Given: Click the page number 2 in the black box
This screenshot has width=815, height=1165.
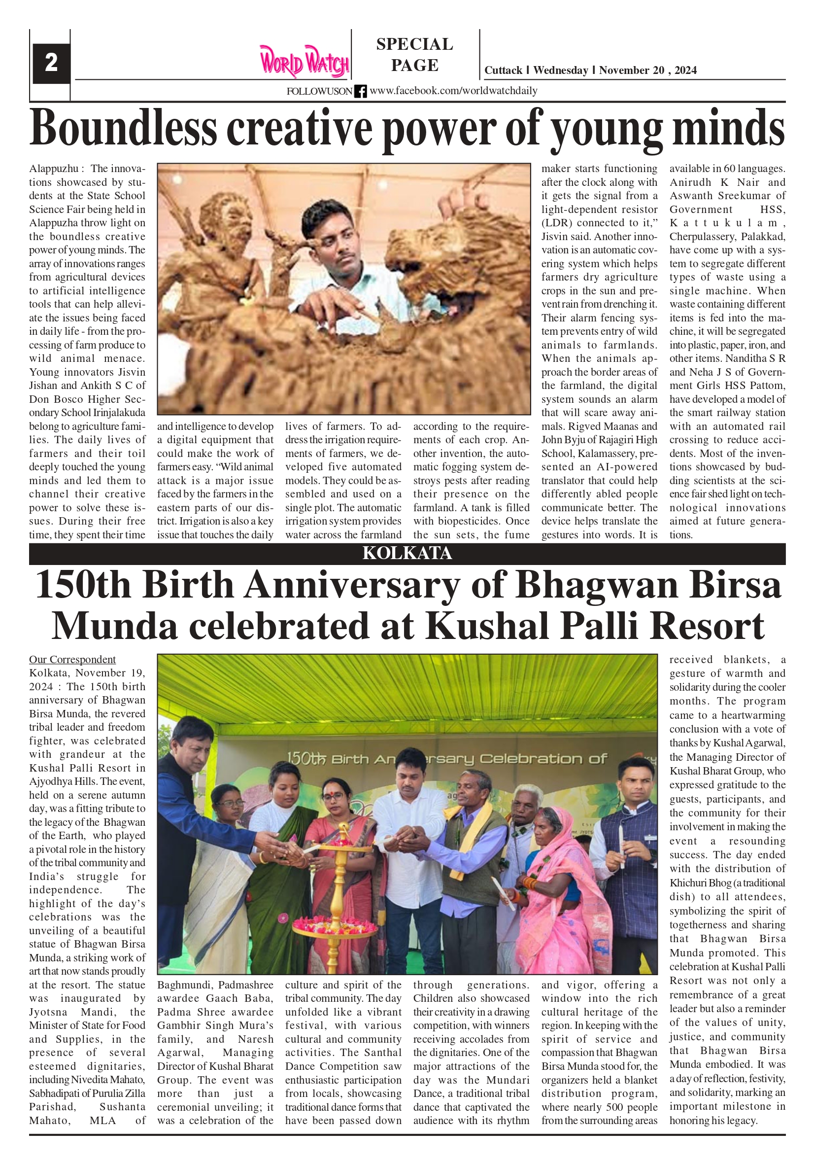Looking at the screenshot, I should (51, 63).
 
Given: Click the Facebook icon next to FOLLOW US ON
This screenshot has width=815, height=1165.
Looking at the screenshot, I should (360, 91).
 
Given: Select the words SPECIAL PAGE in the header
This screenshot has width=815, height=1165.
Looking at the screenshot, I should (414, 55).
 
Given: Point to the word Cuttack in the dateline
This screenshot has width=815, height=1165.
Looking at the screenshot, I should (503, 71).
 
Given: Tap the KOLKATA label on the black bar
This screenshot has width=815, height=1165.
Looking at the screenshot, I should (407, 554).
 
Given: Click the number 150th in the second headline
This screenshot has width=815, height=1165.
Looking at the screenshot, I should (83, 585).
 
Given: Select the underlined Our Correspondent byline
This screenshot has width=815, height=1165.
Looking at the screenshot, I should (72, 660).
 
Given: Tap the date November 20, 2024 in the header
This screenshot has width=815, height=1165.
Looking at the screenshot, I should (647, 71).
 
